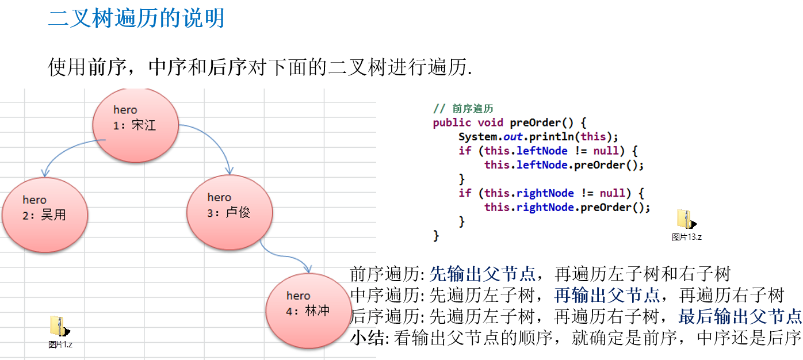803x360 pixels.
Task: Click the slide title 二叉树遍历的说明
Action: [136, 18]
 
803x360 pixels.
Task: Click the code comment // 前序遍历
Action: [463, 108]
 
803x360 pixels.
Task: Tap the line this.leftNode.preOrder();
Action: [564, 165]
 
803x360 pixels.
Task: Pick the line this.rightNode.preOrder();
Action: [567, 207]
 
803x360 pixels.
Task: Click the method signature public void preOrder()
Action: [508, 122]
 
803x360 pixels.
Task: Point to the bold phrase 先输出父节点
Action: [483, 274]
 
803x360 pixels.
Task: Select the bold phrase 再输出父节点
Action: [607, 296]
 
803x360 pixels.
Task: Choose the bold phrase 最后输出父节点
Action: [740, 317]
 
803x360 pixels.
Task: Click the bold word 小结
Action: [362, 338]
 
